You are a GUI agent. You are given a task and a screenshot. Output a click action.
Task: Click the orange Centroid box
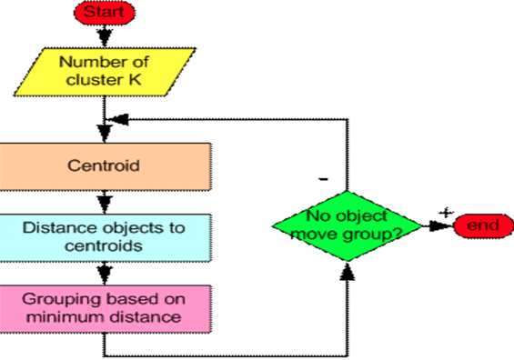pos(105,166)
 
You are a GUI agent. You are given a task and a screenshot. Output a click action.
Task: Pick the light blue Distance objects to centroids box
pos(105,235)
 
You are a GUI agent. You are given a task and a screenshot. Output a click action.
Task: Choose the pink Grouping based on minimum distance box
pos(105,308)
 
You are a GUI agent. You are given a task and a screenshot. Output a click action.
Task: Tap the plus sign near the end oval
pos(444,213)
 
